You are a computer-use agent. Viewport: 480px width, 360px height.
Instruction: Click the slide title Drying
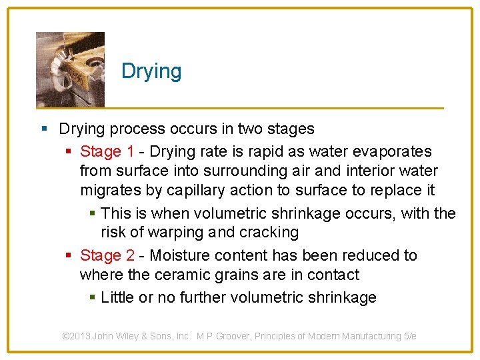click(x=151, y=71)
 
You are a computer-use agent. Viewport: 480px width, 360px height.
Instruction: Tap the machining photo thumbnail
click(x=70, y=69)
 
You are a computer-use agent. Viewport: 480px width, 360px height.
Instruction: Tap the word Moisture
click(x=184, y=255)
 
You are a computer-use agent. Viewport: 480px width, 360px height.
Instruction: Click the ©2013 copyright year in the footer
click(x=76, y=336)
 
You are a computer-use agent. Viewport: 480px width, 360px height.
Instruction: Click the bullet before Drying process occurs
click(x=44, y=128)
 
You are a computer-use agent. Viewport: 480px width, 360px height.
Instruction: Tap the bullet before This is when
click(x=93, y=213)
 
